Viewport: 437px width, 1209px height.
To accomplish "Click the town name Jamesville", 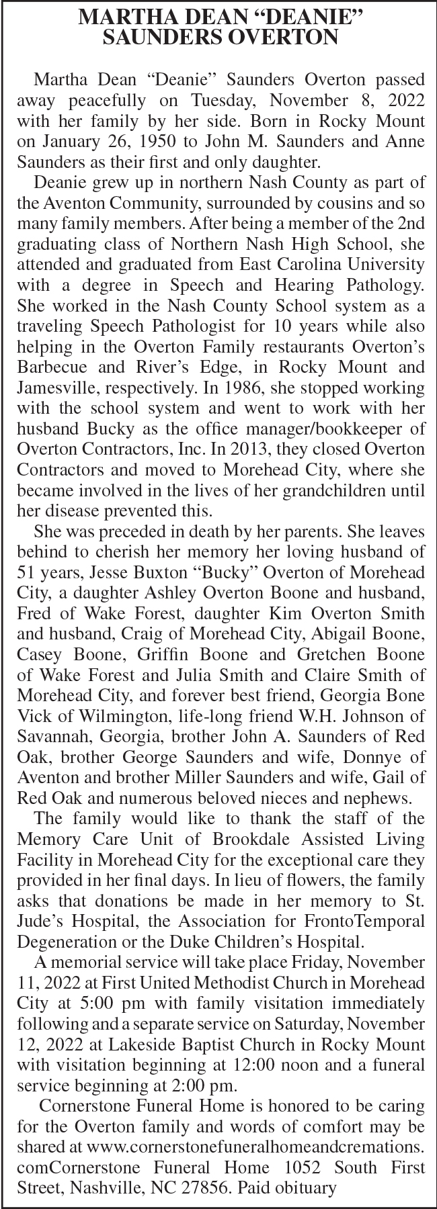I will pos(61,388).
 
